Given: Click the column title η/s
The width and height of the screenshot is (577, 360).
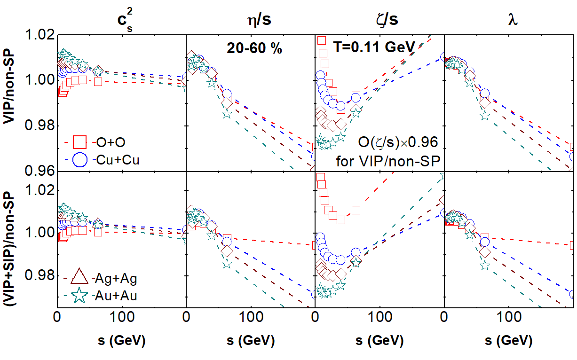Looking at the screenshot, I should coord(250,21).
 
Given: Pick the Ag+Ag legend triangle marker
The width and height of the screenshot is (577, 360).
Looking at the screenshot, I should coord(79,277).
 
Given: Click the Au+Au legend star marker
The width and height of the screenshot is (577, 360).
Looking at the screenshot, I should coord(79,296).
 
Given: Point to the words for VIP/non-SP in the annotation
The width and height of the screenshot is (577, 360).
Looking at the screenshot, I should coord(387,162).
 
